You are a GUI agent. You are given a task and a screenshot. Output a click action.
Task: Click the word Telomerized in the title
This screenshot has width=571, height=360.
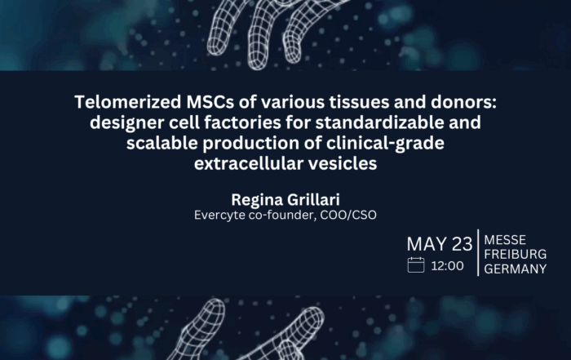pos(128,102)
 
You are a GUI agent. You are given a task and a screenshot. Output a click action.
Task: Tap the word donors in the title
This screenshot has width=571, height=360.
pos(463,102)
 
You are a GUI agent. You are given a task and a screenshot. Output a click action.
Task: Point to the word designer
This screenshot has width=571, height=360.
pos(126,123)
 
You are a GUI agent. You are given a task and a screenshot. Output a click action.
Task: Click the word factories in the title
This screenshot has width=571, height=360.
pos(242,122)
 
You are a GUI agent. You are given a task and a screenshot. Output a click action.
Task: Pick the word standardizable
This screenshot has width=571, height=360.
pos(379,122)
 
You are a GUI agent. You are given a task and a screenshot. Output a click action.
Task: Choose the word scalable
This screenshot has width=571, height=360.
pos(162,143)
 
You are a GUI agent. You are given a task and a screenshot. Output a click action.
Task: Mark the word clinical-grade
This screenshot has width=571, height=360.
pos(385,144)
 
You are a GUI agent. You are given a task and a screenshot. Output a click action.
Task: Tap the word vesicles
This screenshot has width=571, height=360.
pos(343,163)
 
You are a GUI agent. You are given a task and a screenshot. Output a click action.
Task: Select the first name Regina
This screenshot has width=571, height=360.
pos(257,200)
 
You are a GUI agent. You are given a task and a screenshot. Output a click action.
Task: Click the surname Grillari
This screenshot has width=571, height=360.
pos(313,200)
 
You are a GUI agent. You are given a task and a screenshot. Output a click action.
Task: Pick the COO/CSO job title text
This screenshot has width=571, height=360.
pos(348,215)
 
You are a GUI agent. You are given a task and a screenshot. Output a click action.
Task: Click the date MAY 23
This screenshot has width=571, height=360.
pos(440,244)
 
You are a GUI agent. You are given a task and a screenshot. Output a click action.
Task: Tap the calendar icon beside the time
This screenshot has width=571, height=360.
pos(416,265)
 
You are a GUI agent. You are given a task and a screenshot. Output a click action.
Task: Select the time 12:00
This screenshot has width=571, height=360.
pos(448,266)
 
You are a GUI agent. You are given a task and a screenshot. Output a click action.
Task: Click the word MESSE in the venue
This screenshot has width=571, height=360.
pos(505,240)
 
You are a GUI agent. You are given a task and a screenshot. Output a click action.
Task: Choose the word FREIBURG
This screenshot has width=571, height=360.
pos(516,254)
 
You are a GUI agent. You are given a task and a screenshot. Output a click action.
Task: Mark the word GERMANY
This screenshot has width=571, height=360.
pos(516,269)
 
